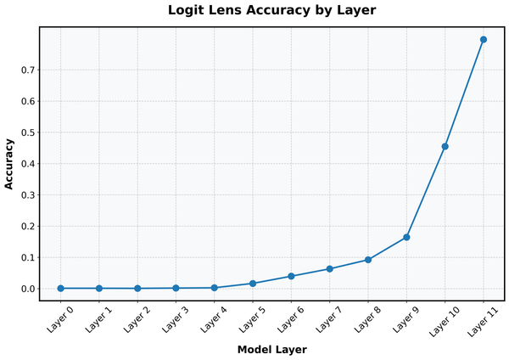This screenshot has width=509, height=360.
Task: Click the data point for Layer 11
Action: point(484,39)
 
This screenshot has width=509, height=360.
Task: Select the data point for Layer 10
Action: point(445,146)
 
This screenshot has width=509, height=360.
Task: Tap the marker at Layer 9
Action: point(406,237)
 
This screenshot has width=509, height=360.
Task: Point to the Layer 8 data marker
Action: point(368,260)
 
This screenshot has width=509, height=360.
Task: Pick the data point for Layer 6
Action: point(291,276)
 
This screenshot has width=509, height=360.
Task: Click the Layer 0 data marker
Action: point(60,289)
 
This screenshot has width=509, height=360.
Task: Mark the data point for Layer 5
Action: point(253,284)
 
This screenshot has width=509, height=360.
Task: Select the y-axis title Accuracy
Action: point(9,163)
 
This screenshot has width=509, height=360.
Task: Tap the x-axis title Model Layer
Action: point(271,349)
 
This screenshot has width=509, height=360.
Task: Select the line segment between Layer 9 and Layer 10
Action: point(426,192)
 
